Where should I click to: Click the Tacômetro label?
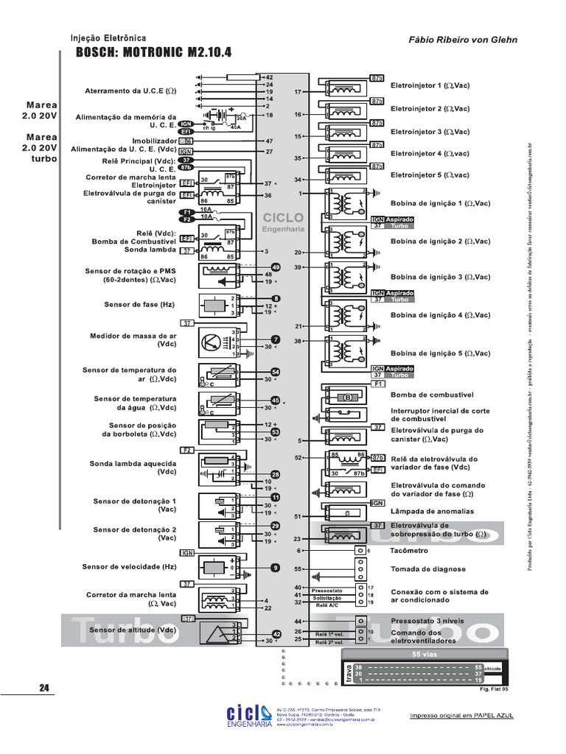pos(410,550)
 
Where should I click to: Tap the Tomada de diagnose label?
pos(428,569)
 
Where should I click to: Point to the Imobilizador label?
pos(153,140)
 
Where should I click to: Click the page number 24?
pos(43,688)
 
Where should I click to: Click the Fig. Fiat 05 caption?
pos(494,690)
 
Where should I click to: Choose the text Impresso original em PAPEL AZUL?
pos(461,716)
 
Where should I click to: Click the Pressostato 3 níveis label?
pos(427,621)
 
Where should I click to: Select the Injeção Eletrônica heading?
pos(108,38)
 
